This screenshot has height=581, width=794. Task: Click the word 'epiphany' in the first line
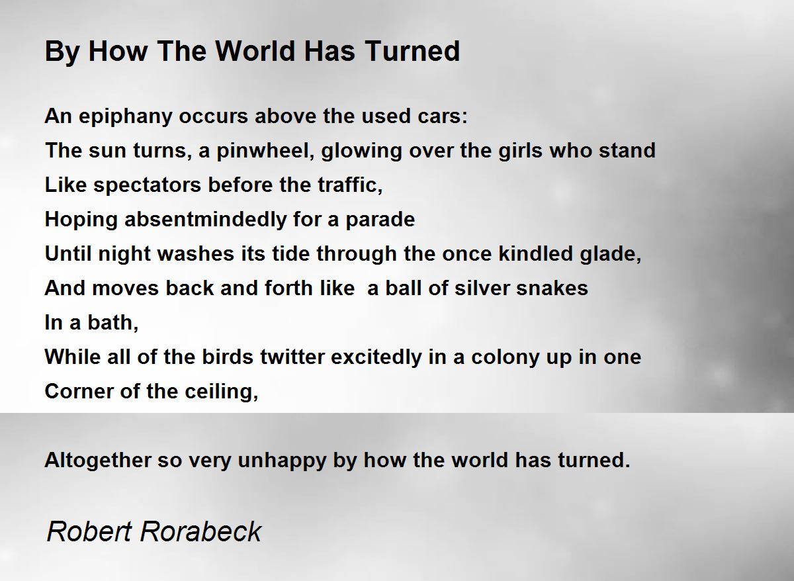point(126,117)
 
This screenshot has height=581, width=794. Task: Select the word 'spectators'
point(148,186)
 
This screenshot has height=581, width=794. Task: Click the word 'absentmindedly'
point(205,220)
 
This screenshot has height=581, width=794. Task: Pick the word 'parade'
point(380,220)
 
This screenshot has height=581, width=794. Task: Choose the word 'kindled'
point(535,253)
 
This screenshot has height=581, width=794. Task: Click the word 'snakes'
point(552,288)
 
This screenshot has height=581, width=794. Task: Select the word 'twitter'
point(292,357)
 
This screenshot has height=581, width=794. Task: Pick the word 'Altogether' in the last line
point(98,461)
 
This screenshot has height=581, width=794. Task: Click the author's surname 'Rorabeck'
point(200,531)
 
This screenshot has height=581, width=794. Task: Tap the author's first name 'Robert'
point(89,531)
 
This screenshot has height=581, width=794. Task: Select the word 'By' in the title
point(62,52)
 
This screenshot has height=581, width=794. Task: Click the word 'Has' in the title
point(330,51)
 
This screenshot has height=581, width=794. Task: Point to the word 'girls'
point(520,152)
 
